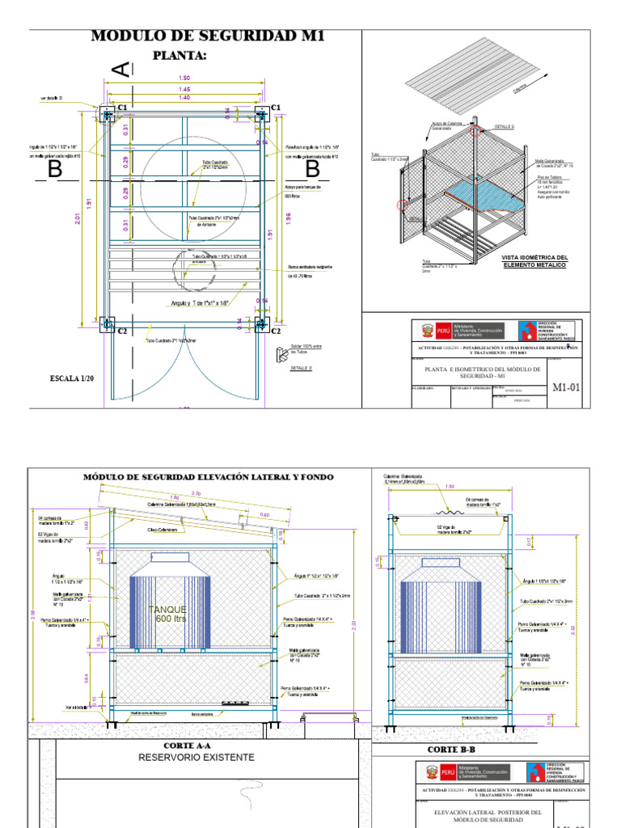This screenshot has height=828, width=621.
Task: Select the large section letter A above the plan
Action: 120,71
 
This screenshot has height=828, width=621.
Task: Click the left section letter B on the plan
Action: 55,170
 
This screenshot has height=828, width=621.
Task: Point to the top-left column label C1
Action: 123,108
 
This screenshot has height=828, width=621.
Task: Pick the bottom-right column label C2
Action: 275,331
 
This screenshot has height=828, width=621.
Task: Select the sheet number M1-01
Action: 566,387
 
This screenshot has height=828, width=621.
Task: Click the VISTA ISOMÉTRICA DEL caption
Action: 534,257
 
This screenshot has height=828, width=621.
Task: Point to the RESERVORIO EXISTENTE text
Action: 196,758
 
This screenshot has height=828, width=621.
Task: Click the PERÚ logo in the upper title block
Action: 433,331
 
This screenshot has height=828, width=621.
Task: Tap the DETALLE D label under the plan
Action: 301,368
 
